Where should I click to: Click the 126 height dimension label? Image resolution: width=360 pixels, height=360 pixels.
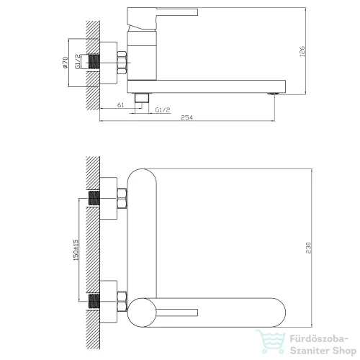coord(302,51)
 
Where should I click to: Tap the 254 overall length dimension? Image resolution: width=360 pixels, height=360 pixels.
coord(186,117)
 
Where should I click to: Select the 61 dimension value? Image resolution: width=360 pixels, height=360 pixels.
coord(121,105)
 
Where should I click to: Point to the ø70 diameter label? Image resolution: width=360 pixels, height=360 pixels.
coord(65,63)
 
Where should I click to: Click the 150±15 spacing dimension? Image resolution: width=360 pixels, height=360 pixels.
coord(76,250)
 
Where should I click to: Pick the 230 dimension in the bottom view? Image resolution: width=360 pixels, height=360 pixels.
coord(309,248)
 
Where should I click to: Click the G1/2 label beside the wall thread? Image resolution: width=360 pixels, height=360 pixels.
coord(78,62)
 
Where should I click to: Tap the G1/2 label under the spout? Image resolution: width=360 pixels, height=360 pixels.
coord(163,110)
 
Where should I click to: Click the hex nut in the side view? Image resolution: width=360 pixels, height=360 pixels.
coord(122,63)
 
